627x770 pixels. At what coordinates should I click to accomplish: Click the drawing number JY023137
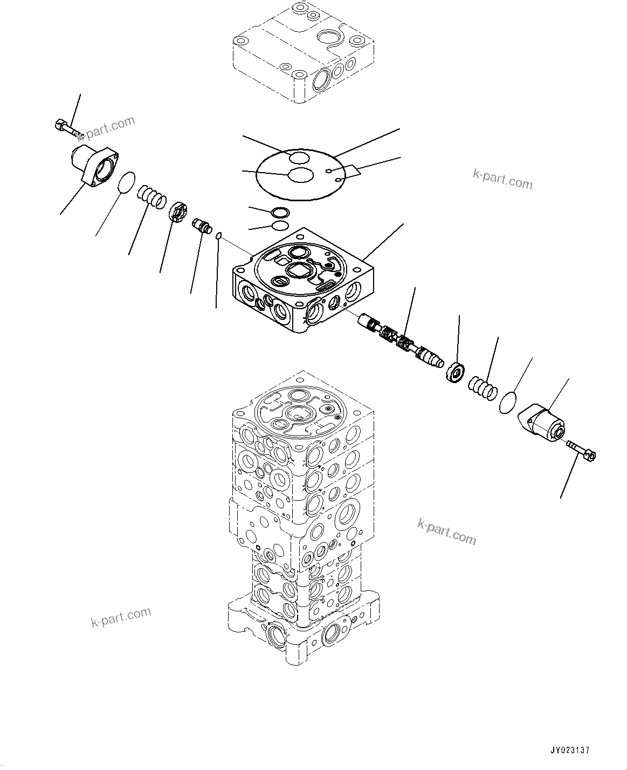[570, 751]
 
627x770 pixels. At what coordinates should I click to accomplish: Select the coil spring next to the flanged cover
[151, 196]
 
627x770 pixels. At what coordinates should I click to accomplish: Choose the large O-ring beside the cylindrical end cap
[508, 403]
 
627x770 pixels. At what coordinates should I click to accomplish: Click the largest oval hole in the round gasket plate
[300, 174]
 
